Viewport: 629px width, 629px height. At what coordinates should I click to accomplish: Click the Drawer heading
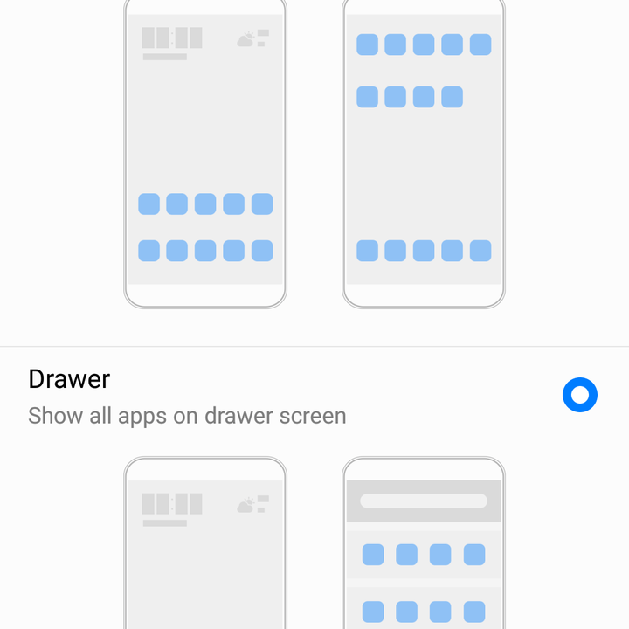pos(69,379)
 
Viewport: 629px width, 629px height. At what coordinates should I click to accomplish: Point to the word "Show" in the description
pos(55,416)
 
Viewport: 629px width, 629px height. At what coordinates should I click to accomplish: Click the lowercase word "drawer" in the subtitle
pos(238,416)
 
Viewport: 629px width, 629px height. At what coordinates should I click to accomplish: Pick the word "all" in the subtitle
pos(100,416)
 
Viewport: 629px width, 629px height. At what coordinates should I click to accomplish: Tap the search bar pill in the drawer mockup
pos(424,501)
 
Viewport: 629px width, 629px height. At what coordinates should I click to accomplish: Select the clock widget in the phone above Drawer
pos(172,38)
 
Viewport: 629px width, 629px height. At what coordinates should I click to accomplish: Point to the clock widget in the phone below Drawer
pos(172,503)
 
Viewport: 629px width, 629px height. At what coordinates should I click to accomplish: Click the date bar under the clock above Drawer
pos(165,57)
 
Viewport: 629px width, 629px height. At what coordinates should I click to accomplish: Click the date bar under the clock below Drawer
pos(165,523)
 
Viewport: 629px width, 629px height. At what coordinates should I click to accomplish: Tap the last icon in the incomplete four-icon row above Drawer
pos(453,97)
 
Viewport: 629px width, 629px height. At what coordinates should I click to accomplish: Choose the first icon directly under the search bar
pos(373,555)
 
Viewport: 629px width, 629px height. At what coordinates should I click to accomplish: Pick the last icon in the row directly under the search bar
pos(474,555)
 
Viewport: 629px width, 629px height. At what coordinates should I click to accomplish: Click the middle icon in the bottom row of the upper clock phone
pos(205,251)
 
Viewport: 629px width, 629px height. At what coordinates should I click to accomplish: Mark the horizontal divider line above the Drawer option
pos(314,346)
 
